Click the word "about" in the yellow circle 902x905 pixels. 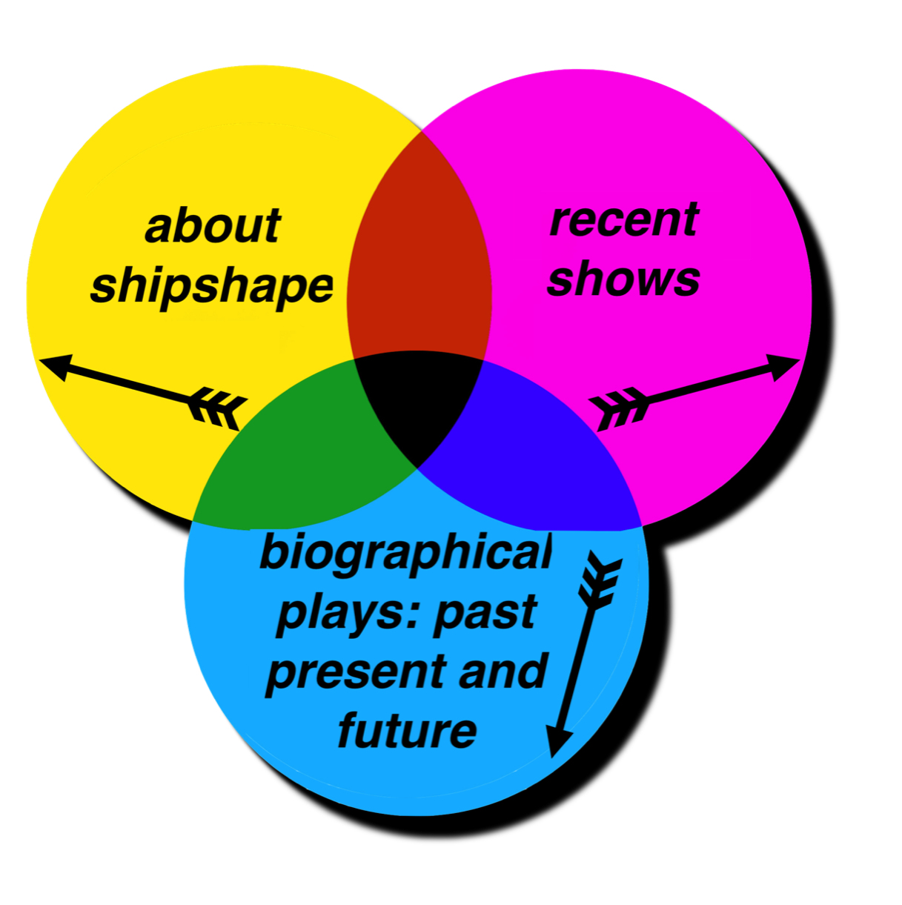click(212, 225)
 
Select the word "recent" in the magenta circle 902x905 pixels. click(624, 219)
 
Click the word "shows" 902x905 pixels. click(624, 279)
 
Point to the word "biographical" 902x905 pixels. click(406, 553)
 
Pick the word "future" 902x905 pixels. click(407, 730)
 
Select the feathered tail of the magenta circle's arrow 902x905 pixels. click(619, 408)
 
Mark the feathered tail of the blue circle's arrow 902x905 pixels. click(600, 578)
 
